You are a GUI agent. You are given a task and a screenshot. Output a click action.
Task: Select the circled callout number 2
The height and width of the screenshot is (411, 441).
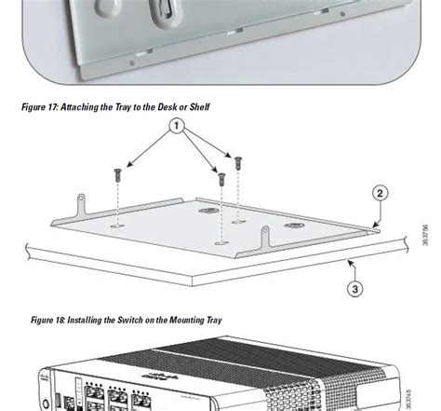point(379,194)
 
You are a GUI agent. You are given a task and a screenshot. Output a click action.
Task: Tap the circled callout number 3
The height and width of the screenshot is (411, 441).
point(354,289)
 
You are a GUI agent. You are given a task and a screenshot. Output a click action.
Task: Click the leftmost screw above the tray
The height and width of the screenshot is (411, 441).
point(115,174)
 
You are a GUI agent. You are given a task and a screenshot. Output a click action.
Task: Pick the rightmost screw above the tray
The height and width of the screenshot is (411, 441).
point(238,161)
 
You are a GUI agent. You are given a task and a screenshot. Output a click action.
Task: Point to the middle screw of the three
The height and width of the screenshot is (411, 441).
point(220,178)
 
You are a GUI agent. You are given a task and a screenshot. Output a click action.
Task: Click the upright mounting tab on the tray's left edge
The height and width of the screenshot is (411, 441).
point(82,200)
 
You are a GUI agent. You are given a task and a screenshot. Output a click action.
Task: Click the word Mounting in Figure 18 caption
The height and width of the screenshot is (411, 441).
point(189,320)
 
